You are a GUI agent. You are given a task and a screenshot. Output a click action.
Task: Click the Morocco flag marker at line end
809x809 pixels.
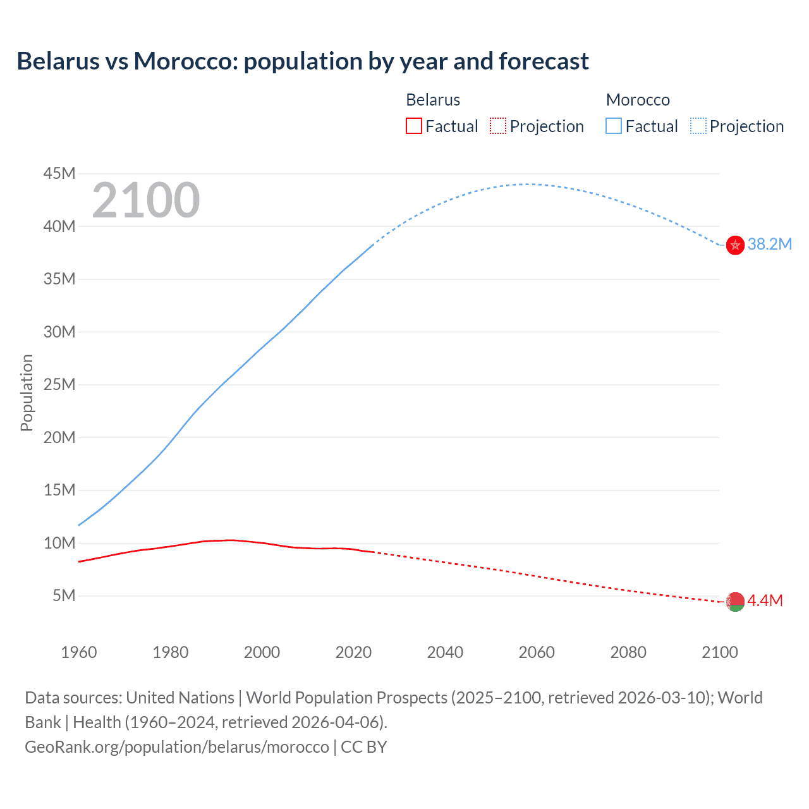tap(735, 245)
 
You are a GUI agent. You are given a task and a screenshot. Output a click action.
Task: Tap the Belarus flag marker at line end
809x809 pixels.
tap(735, 602)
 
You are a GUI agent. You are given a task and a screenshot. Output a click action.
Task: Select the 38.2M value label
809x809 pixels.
tap(769, 245)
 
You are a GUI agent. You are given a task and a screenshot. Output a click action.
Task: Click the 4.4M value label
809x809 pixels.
tap(765, 601)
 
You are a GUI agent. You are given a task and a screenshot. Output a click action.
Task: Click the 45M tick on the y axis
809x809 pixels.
tap(59, 174)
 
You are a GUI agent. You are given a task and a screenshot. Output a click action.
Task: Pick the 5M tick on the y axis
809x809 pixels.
tap(64, 595)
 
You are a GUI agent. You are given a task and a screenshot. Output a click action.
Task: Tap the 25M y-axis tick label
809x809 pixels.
tap(59, 384)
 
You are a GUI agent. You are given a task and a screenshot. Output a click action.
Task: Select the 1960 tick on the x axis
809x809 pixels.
tap(79, 652)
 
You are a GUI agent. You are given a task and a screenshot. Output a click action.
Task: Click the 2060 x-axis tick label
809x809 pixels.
tap(537, 652)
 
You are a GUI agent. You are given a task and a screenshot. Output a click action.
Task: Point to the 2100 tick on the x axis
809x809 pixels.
tap(719, 652)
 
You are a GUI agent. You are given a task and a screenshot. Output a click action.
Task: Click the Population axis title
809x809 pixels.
tap(27, 392)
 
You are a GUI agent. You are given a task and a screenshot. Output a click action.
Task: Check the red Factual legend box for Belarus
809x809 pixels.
tap(414, 126)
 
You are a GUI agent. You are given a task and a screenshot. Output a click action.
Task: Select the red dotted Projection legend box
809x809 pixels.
tap(498, 126)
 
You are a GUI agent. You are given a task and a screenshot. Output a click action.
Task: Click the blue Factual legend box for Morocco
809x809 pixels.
tap(614, 126)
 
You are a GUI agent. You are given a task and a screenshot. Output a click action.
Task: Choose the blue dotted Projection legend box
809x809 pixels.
tap(698, 126)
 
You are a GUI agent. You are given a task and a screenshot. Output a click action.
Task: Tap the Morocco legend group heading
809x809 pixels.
tap(638, 100)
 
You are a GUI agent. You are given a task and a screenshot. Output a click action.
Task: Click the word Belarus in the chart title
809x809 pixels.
tap(58, 61)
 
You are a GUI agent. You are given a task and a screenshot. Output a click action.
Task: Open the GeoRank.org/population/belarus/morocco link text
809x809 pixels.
tap(177, 747)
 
